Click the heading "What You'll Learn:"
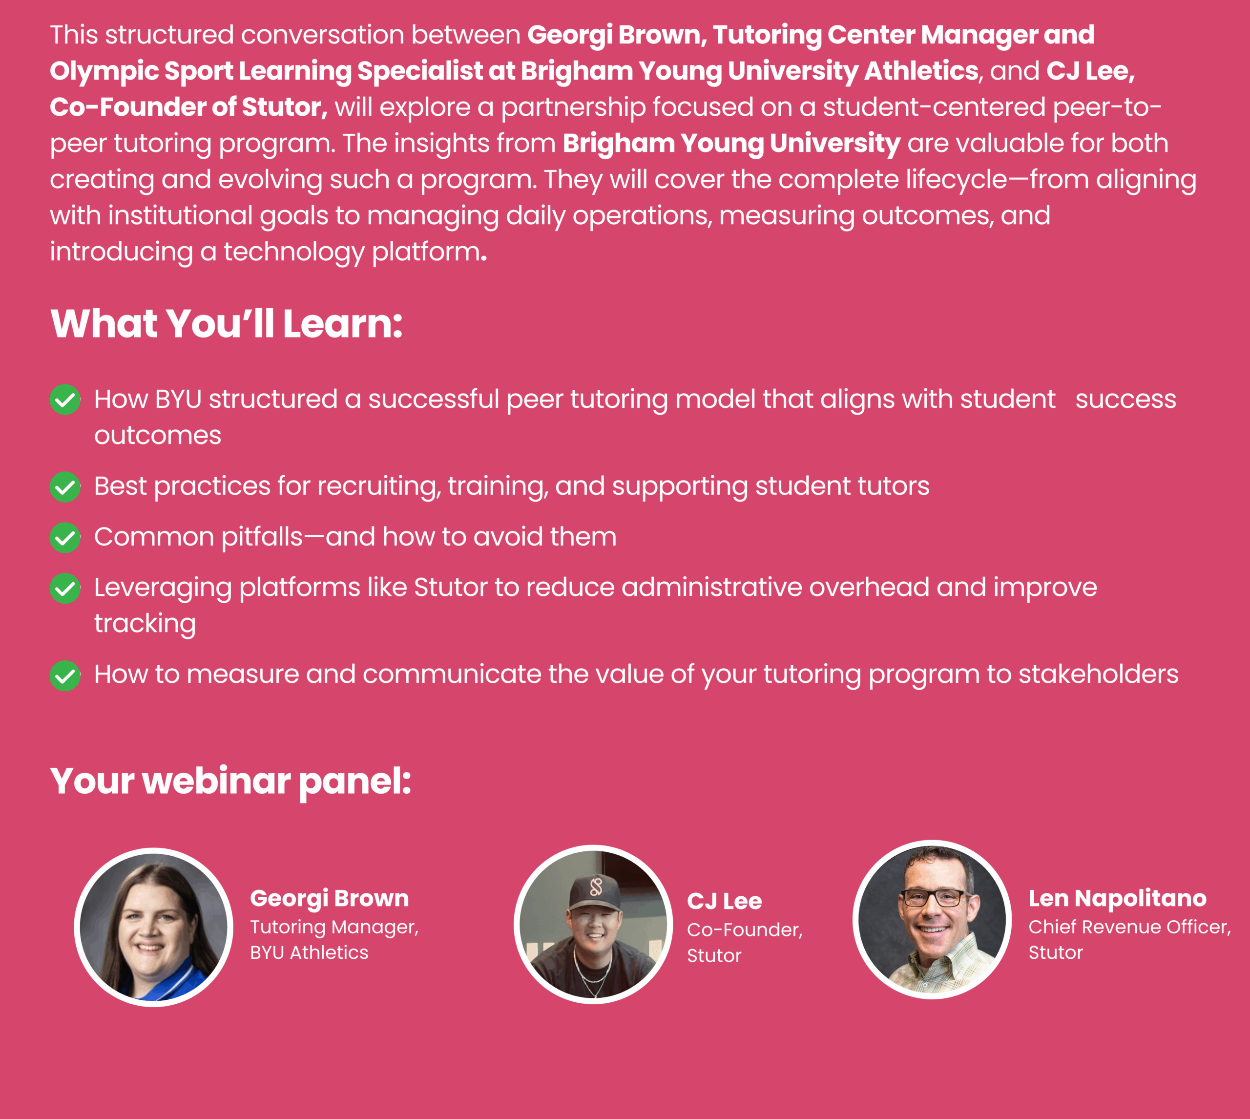coord(226,323)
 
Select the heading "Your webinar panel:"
coord(230,782)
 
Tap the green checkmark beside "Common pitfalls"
coord(65,538)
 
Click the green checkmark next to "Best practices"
coord(65,487)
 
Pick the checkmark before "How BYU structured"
coord(65,400)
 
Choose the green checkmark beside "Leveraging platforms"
coord(65,589)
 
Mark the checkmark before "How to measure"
coord(65,676)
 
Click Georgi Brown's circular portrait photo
coord(154,927)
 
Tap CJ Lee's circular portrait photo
coord(593,924)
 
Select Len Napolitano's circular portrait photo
coord(932,920)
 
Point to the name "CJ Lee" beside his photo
coord(725,901)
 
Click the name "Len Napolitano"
coord(1118,898)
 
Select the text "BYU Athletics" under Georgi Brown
coord(309,952)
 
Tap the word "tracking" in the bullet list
coord(145,625)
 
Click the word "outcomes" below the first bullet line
coord(158,436)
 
